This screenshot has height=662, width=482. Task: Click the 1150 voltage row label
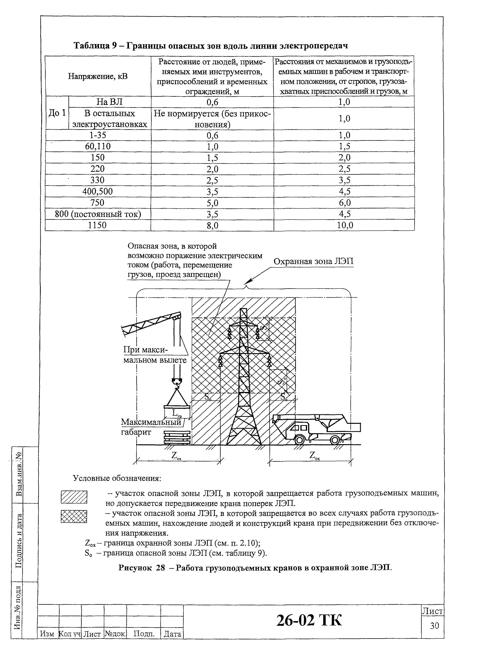coord(97,225)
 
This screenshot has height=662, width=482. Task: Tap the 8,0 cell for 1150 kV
coord(212,225)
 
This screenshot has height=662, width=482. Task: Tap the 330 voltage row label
coord(97,180)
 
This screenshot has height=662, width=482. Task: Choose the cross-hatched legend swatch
coord(74,516)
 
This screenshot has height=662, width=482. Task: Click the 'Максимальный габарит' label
coord(151,426)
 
